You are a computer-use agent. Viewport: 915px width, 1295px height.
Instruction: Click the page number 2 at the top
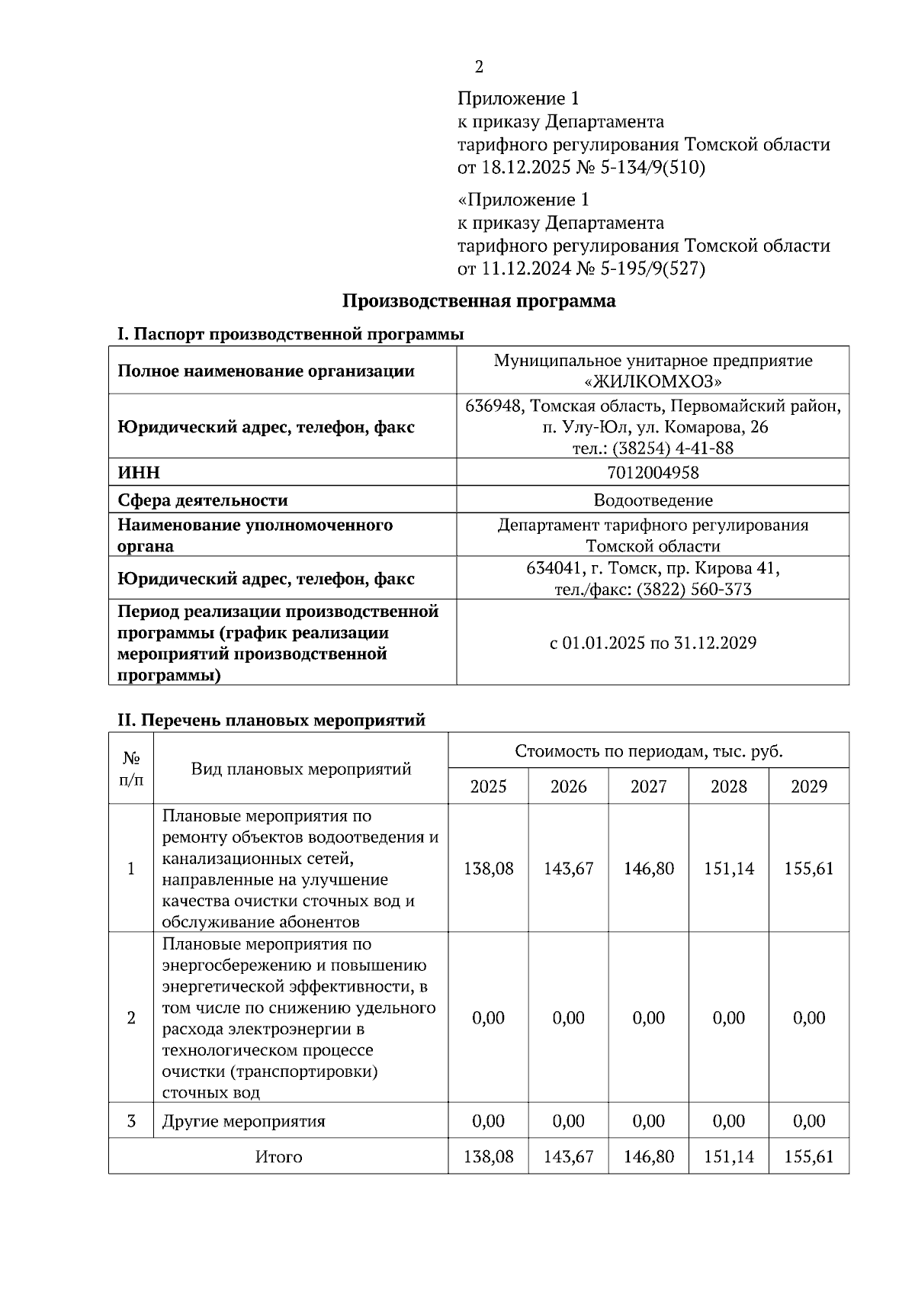click(479, 67)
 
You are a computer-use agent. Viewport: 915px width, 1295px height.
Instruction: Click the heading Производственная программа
click(478, 300)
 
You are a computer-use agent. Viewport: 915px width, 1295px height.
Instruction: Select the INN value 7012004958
click(653, 473)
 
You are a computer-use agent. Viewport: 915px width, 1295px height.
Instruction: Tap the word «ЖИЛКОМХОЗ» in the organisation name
click(653, 381)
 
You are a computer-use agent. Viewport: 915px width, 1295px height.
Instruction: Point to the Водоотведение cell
click(653, 500)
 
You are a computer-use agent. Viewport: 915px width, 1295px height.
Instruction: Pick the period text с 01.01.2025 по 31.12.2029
click(653, 643)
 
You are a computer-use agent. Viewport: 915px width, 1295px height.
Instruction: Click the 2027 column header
click(648, 786)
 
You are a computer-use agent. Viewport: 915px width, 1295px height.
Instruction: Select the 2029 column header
click(809, 786)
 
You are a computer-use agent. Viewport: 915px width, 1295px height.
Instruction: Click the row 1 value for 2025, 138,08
click(488, 869)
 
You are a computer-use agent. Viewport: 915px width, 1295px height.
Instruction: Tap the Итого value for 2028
click(728, 1157)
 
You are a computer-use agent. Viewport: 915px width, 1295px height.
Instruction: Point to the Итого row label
click(278, 1157)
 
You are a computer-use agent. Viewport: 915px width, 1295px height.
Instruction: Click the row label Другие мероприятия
click(243, 1121)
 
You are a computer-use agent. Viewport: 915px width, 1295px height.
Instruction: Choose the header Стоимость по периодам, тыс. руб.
click(648, 751)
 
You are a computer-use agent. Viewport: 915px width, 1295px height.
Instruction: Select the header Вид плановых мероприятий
click(300, 769)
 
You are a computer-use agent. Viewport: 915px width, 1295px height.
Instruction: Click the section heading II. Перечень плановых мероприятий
click(271, 720)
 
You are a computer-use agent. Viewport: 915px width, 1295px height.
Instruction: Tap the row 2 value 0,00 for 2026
click(568, 1018)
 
